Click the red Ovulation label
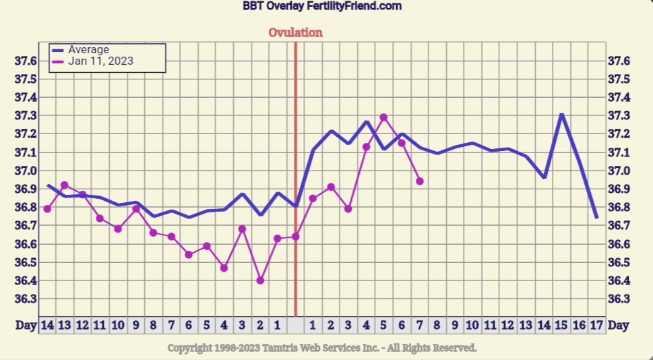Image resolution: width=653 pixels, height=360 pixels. pyautogui.click(x=295, y=32)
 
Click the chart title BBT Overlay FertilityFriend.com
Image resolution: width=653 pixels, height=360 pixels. pyautogui.click(x=322, y=6)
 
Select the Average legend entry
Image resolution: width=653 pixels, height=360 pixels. pyautogui.click(x=88, y=49)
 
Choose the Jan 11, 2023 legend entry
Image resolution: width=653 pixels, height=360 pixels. pyautogui.click(x=100, y=61)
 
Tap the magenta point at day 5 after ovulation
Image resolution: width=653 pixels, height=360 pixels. pyautogui.click(x=383, y=117)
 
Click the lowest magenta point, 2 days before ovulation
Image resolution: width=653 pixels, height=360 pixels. pyautogui.click(x=260, y=280)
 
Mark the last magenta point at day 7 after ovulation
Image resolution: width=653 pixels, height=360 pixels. pyautogui.click(x=420, y=181)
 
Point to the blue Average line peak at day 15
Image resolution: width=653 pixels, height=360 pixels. pyautogui.click(x=561, y=115)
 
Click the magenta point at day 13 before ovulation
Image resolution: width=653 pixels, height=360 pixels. pyautogui.click(x=65, y=185)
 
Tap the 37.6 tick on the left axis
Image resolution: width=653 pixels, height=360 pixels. pyautogui.click(x=26, y=61)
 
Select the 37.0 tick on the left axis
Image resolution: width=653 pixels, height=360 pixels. pyautogui.click(x=26, y=152)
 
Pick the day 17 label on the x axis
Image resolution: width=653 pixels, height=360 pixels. pyautogui.click(x=596, y=325)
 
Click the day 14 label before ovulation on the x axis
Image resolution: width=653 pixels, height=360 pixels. pyautogui.click(x=47, y=325)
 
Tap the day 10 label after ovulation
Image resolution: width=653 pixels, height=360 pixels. pyautogui.click(x=472, y=325)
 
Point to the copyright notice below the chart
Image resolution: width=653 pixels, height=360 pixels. pyautogui.click(x=322, y=348)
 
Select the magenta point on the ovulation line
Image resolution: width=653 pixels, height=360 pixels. pyautogui.click(x=295, y=237)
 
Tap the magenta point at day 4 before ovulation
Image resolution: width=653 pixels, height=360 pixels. pyautogui.click(x=224, y=268)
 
